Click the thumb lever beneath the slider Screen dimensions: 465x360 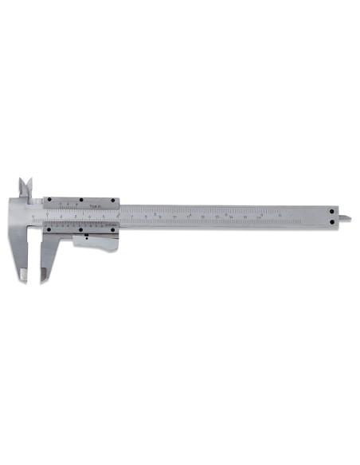(x=96, y=241)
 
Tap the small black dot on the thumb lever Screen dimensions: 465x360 (x=84, y=236)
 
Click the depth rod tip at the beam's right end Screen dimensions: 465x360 (x=347, y=216)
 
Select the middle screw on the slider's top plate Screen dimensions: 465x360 (x=81, y=200)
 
